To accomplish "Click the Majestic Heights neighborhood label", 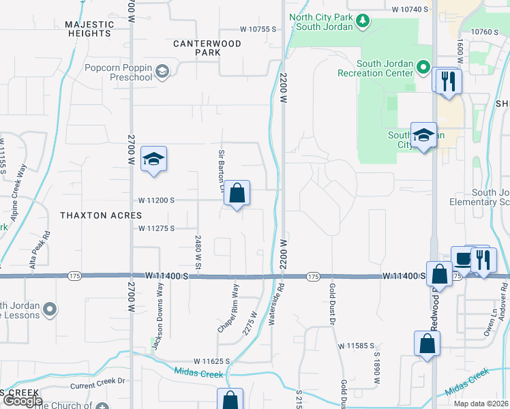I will click(x=89, y=29).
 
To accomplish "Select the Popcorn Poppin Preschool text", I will click(x=118, y=72).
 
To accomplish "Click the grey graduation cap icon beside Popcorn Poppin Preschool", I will click(x=162, y=71).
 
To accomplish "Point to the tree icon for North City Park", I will click(x=363, y=22).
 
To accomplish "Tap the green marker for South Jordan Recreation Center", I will click(x=423, y=67).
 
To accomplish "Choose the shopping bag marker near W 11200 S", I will click(x=237, y=194).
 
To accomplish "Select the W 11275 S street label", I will click(x=156, y=228).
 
